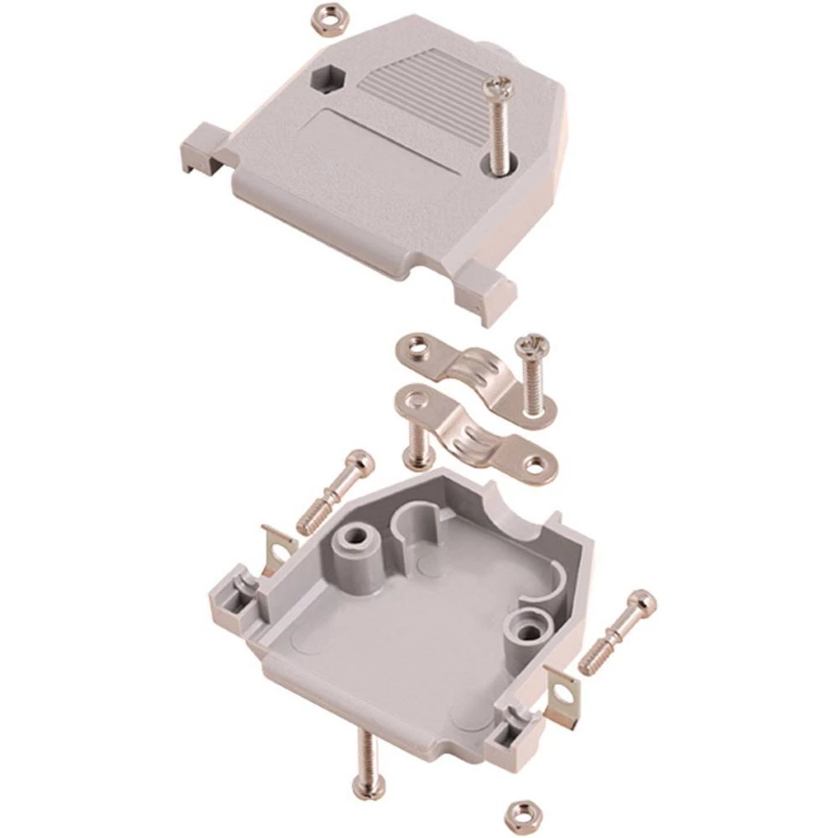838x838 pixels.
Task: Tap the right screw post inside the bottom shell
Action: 528,628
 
